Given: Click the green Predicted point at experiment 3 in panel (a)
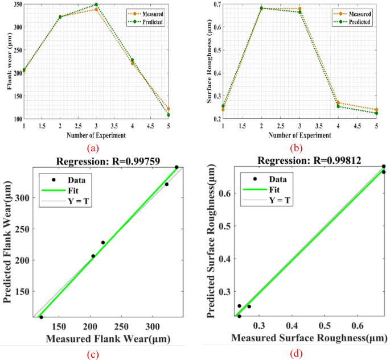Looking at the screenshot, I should pos(96,5).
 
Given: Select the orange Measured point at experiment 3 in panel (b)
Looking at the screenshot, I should pos(299,9).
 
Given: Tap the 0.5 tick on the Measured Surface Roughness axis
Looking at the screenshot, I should pos(325,327).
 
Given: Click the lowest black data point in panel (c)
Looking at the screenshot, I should pos(41,317).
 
